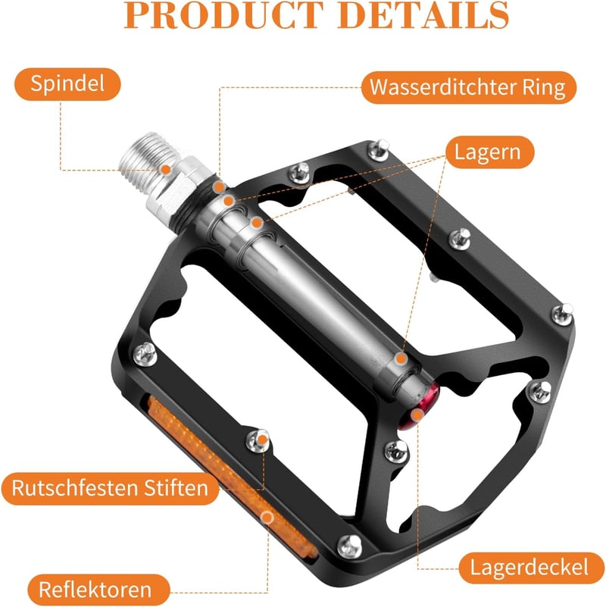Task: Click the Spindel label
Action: [x=67, y=84]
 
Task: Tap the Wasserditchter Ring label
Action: [x=469, y=87]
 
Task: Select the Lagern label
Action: [x=489, y=152]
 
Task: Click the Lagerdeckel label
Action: [x=531, y=568]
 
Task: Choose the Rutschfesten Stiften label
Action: [x=111, y=488]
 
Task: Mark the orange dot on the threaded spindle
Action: [x=166, y=170]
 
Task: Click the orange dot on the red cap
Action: [x=417, y=415]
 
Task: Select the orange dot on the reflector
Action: [x=267, y=518]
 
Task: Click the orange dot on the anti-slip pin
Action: [x=263, y=440]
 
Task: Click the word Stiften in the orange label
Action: [x=176, y=488]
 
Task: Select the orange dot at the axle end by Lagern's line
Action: [x=401, y=358]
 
